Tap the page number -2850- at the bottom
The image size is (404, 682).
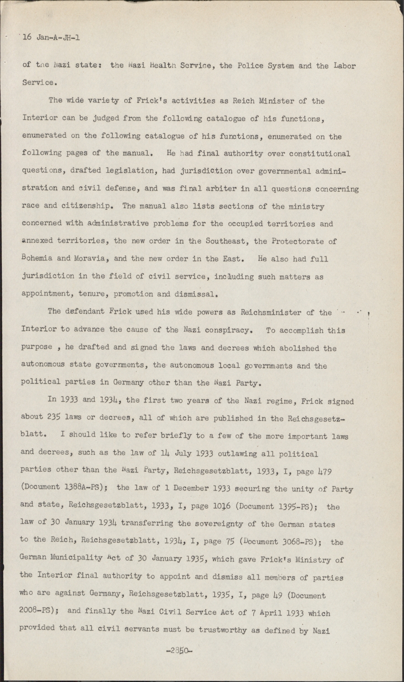tap(179, 651)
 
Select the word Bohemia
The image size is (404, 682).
tap(37, 258)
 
